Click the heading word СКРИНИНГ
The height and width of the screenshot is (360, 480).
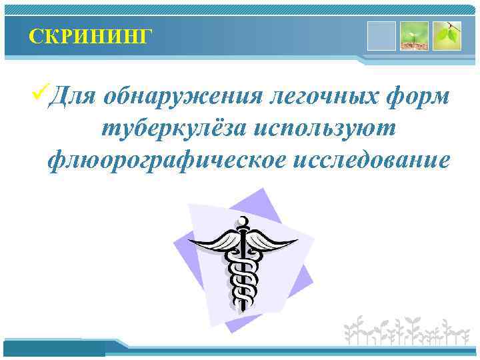(91, 35)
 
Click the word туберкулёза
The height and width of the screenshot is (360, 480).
(177, 129)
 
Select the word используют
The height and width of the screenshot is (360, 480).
(328, 129)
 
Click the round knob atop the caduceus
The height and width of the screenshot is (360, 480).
(243, 221)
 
